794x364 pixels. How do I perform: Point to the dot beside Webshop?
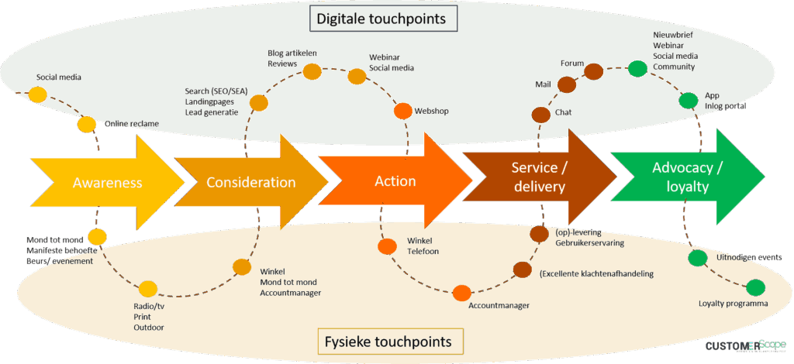coord(402,111)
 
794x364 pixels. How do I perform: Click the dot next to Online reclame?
coord(86,124)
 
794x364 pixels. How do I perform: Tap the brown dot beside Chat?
coord(540,115)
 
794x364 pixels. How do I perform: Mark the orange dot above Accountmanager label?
coord(461,294)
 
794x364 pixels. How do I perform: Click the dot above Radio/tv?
coord(147,290)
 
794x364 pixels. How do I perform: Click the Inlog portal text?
coord(725,105)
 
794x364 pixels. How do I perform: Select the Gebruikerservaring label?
coord(589,243)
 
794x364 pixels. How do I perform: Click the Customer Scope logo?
coord(745,345)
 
